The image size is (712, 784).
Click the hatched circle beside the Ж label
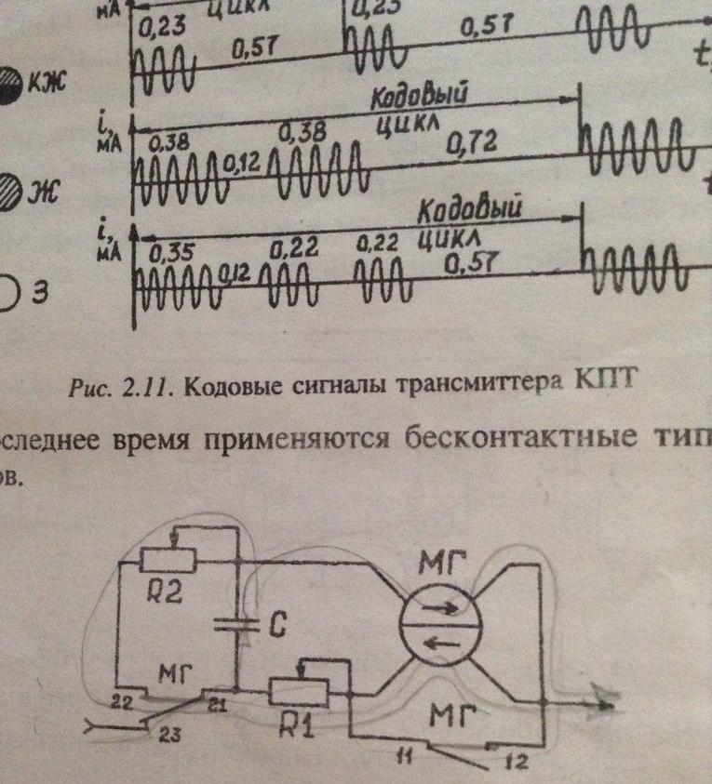(x=9, y=192)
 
